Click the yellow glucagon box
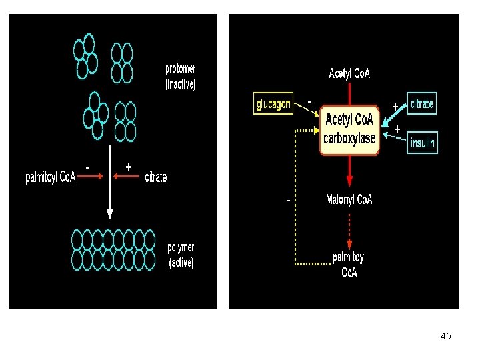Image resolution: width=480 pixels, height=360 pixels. click(x=273, y=103)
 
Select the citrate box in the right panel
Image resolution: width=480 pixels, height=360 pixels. click(x=421, y=103)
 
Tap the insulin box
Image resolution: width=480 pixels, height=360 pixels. click(x=422, y=143)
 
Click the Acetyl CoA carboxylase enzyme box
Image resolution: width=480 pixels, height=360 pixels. click(x=349, y=130)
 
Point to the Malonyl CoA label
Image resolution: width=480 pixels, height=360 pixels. click(x=349, y=199)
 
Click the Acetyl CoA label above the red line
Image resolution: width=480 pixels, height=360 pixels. click(x=349, y=73)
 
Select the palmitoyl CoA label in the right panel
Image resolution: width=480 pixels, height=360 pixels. click(x=349, y=265)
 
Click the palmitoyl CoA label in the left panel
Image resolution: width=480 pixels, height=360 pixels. click(x=51, y=177)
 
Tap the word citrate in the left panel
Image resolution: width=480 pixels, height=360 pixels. click(x=156, y=177)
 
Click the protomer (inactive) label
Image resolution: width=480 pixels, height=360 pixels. click(x=180, y=77)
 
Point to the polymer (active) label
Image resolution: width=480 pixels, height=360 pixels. click(x=181, y=255)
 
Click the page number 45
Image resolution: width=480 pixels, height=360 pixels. click(x=446, y=336)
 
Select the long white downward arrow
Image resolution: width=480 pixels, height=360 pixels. click(x=109, y=182)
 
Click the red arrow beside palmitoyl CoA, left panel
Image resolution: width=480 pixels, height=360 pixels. click(x=90, y=176)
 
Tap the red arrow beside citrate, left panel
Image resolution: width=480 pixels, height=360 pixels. click(x=126, y=176)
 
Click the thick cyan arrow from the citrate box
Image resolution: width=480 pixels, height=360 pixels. click(x=394, y=115)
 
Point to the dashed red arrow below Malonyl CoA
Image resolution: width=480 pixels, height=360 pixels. click(x=349, y=232)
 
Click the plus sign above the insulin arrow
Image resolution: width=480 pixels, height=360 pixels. click(x=397, y=129)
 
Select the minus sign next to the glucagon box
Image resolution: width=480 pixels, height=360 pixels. click(x=309, y=102)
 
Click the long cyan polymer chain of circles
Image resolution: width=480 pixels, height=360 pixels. click(x=113, y=250)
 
